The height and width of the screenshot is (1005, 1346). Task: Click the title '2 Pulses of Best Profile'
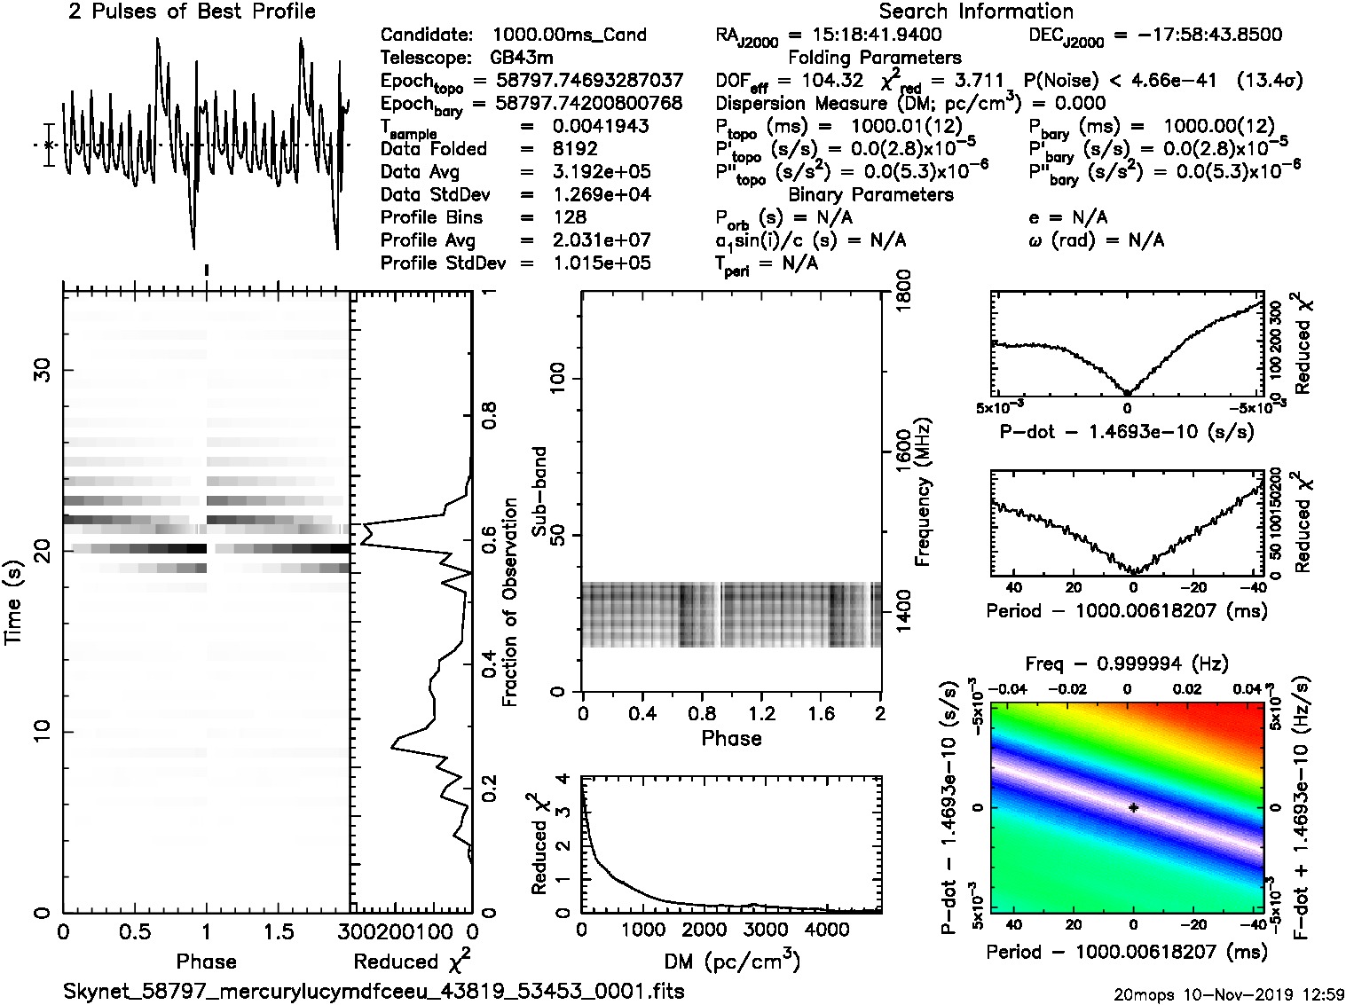point(192,12)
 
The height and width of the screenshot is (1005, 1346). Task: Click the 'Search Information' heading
point(976,12)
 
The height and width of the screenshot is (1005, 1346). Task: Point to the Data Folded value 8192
point(575,148)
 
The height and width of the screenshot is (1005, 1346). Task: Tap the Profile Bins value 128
point(570,217)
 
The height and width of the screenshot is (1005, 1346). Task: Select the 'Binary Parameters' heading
point(870,194)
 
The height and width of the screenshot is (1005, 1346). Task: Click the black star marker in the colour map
point(1133,808)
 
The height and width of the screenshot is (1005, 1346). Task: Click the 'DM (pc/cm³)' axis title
point(731,962)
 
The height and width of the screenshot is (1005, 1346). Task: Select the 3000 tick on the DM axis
point(765,930)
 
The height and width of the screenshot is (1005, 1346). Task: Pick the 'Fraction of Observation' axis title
point(509,602)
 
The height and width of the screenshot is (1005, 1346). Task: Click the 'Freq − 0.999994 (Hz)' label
point(1126,663)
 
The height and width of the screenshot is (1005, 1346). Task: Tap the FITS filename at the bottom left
point(374,991)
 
